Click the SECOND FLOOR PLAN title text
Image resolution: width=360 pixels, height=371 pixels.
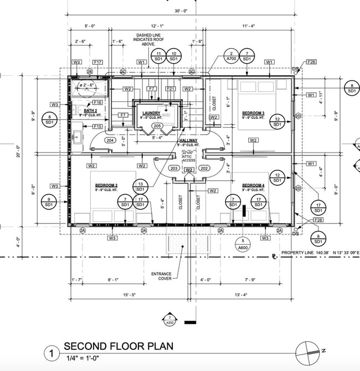tap(118, 347)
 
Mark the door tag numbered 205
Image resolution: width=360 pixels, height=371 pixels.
tap(157, 126)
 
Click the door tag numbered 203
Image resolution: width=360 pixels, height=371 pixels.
tap(173, 169)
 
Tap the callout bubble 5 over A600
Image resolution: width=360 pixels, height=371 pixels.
tap(243, 244)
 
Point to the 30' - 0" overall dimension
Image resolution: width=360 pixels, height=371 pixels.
tap(181, 11)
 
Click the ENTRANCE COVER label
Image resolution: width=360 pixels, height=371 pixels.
tap(161, 276)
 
